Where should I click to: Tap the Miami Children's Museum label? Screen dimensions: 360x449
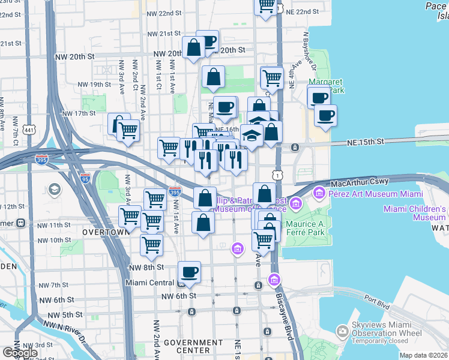415,213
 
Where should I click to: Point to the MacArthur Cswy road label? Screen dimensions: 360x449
358,181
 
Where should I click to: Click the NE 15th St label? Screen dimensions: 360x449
365,142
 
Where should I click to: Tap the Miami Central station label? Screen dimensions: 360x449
150,283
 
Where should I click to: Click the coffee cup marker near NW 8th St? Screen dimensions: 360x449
190,272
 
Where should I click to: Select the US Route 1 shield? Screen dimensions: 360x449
277,175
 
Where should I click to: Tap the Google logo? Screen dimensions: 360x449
20,352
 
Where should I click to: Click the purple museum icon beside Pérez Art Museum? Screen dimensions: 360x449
318,193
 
